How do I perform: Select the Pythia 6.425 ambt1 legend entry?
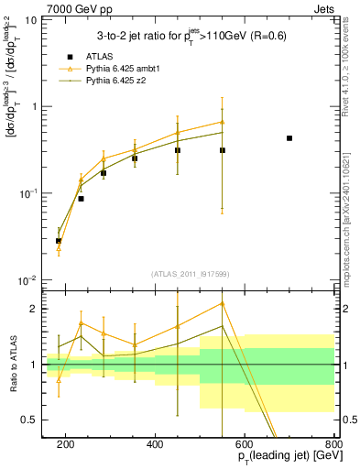coord(117,69)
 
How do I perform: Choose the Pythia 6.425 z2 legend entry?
coord(112,82)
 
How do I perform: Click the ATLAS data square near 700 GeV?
coord(289,138)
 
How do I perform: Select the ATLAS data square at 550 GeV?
coord(223,150)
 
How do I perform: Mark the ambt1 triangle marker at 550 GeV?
coord(223,122)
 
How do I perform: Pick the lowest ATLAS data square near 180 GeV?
coord(59,241)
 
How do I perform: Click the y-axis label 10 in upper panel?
coord(29,19)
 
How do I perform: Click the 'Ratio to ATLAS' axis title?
coord(11,364)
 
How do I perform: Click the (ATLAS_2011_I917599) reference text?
coord(191,273)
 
